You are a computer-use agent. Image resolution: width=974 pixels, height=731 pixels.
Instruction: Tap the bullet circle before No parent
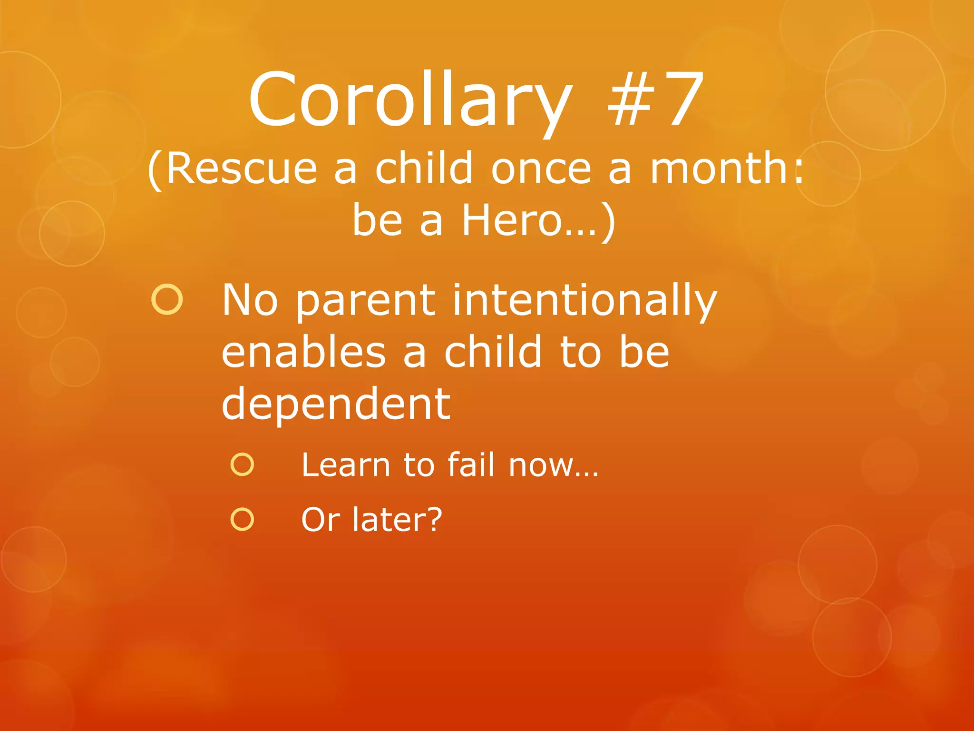[167, 300]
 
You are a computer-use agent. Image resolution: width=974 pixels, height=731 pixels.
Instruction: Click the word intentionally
[584, 301]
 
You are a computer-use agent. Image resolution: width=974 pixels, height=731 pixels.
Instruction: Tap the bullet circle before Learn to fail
[242, 464]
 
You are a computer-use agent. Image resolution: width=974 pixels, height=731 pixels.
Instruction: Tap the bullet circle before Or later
[242, 519]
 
